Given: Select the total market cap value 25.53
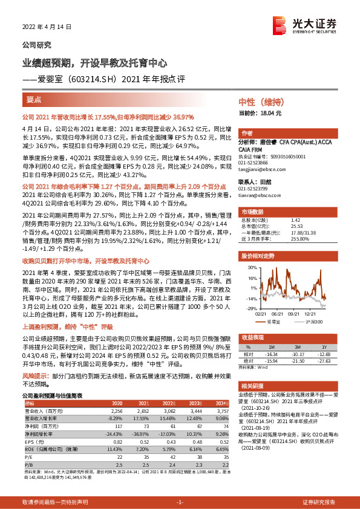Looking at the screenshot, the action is tap(296, 226).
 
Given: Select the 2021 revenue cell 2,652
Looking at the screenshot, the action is tap(143, 410).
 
